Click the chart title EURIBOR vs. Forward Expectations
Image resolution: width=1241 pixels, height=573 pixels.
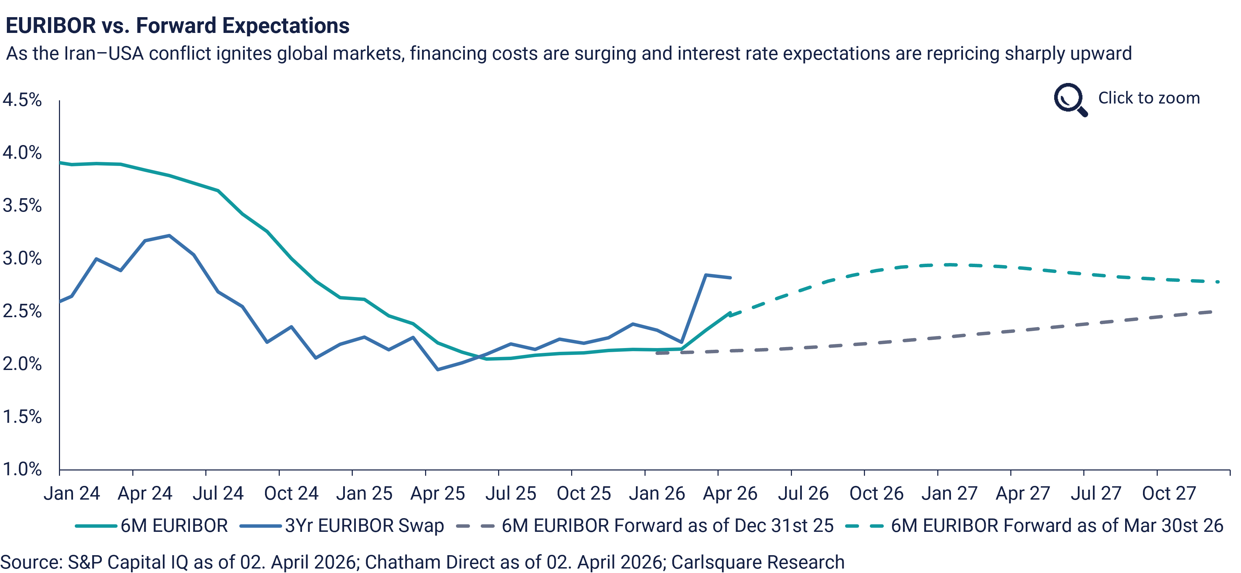tap(177, 25)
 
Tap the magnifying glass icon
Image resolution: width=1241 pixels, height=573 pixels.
tap(1070, 99)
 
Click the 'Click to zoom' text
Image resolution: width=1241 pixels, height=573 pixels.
tap(1148, 98)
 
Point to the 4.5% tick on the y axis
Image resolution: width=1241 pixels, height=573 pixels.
tap(22, 100)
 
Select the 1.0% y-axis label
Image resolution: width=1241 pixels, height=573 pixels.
tap(22, 468)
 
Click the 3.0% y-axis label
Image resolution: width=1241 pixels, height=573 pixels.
tap(22, 258)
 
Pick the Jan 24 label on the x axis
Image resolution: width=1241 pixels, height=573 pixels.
tap(71, 493)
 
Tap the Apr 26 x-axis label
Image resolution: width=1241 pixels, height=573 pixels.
tap(730, 493)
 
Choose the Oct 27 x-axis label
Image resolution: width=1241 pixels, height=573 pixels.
tap(1169, 493)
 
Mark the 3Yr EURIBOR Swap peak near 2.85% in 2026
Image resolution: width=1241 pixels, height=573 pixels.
tap(705, 275)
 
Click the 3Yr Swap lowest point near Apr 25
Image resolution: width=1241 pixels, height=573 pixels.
tap(437, 370)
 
